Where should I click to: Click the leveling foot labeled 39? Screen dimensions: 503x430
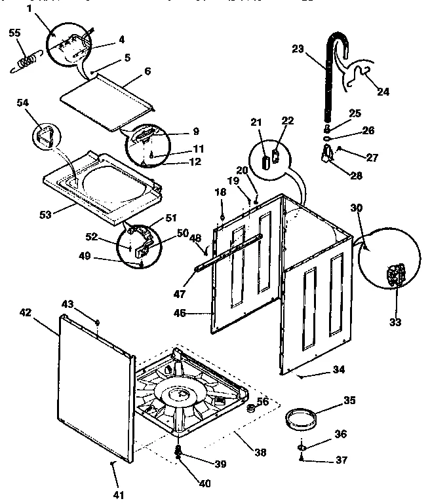pyautogui.click(x=178, y=451)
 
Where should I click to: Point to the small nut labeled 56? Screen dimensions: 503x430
pyautogui.click(x=250, y=409)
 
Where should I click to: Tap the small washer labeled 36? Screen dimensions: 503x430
pyautogui.click(x=301, y=447)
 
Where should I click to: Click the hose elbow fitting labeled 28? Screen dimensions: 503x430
pyautogui.click(x=326, y=155)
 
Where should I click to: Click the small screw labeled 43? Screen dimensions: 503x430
pyautogui.click(x=98, y=322)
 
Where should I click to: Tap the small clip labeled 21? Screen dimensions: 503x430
pyautogui.click(x=265, y=160)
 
